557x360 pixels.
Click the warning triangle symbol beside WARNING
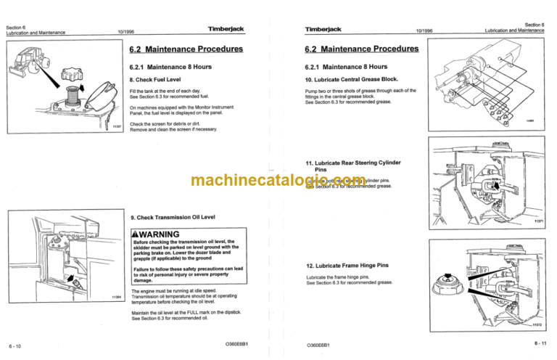[133, 234]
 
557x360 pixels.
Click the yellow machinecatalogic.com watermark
[278, 181]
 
